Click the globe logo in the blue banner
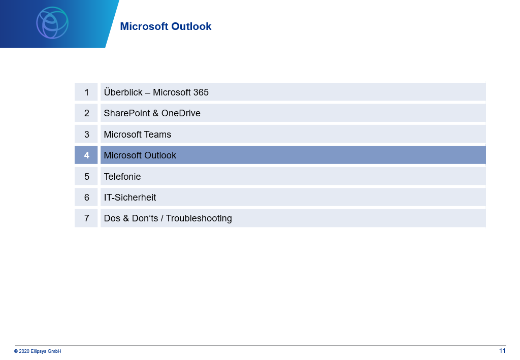(x=52, y=22)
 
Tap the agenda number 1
(x=86, y=92)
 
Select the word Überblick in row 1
(x=123, y=92)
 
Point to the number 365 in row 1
(x=201, y=92)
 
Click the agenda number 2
(x=86, y=113)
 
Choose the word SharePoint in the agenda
(x=127, y=113)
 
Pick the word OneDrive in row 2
(x=181, y=113)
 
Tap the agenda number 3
(x=86, y=134)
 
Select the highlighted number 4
(x=86, y=155)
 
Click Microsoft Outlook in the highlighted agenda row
(x=140, y=155)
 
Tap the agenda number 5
(x=86, y=176)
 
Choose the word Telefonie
(x=122, y=176)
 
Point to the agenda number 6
(x=86, y=197)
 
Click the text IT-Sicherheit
(x=130, y=197)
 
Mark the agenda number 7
(x=86, y=218)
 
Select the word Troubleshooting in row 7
(x=199, y=218)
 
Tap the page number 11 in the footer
(x=502, y=351)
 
